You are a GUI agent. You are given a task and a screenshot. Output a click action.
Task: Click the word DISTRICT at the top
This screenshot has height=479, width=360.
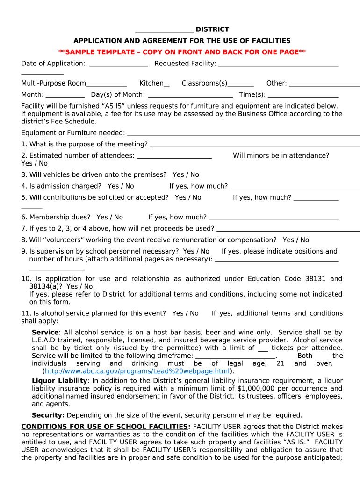(x=212, y=29)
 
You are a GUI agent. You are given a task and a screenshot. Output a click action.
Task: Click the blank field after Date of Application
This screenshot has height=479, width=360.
(x=118, y=64)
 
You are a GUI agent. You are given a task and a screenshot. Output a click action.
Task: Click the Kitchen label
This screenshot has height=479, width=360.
(x=151, y=83)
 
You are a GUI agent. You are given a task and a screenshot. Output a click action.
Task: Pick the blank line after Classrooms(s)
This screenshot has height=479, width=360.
(x=241, y=84)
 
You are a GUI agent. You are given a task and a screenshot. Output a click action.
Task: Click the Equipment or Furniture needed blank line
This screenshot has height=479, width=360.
(x=243, y=134)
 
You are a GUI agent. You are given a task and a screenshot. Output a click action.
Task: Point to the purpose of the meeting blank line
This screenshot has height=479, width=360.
(x=254, y=145)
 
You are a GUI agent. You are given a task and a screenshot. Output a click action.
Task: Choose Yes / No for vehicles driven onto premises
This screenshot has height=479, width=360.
(x=186, y=174)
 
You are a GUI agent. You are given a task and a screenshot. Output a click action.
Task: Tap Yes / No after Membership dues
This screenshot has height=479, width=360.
(x=109, y=217)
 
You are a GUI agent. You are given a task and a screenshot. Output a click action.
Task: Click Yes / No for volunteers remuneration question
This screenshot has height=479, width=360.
(x=295, y=239)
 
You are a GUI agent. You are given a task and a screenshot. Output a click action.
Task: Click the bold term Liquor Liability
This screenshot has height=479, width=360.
(x=59, y=381)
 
